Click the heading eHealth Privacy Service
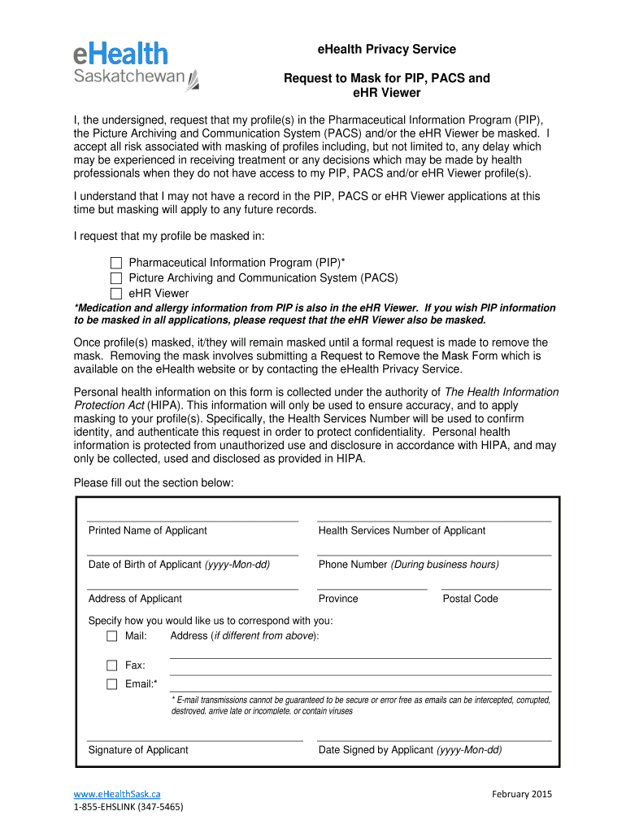(x=386, y=50)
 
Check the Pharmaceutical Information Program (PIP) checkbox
(x=115, y=263)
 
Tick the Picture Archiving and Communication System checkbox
(x=115, y=278)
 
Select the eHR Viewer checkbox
(x=115, y=294)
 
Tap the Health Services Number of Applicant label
(x=402, y=530)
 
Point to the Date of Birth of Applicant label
(x=179, y=565)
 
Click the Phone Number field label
(x=408, y=565)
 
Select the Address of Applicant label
(x=135, y=599)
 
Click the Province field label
(x=338, y=599)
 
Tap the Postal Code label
(x=470, y=599)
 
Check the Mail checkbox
(x=112, y=635)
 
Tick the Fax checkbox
(x=112, y=665)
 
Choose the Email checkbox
(x=112, y=684)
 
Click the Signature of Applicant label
(x=138, y=750)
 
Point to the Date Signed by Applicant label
(x=410, y=750)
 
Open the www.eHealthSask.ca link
(x=117, y=794)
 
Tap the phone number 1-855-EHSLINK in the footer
(x=128, y=808)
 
